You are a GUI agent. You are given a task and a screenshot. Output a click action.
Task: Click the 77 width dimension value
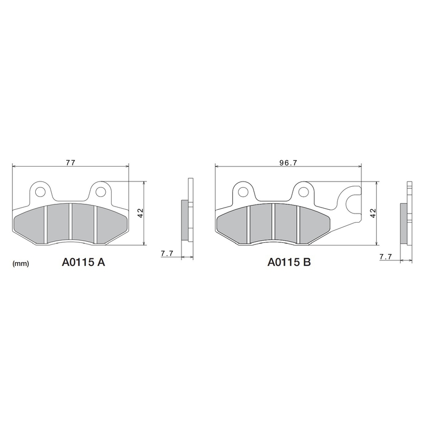[70, 162]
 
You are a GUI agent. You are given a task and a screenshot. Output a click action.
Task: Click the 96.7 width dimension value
[288, 162]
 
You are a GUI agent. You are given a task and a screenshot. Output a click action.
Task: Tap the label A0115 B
[290, 263]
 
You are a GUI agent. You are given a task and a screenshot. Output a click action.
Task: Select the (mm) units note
[20, 263]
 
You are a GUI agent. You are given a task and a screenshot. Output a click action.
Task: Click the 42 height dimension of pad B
[373, 212]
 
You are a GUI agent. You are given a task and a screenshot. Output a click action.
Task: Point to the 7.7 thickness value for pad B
[385, 257]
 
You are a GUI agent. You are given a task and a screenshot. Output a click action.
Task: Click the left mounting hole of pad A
[40, 190]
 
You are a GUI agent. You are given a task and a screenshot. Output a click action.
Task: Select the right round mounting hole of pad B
[304, 191]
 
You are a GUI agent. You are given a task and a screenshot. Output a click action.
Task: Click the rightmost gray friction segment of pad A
[109, 223]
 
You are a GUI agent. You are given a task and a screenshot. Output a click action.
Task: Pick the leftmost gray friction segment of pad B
[233, 223]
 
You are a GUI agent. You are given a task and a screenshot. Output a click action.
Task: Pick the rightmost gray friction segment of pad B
[312, 223]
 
